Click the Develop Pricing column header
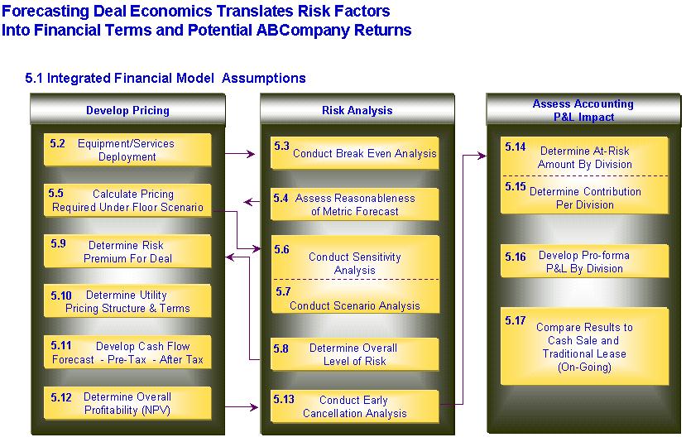pos(127,110)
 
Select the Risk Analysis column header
pos(357,110)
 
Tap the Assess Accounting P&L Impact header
pos(583,110)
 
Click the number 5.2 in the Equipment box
pos(57,143)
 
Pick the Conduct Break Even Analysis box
pos(355,153)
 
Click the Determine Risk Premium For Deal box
pos(127,252)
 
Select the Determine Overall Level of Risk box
pos(355,354)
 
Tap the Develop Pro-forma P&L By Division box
pos(584,262)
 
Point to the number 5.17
pos(516,320)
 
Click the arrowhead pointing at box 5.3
pos(251,154)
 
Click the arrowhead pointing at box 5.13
pos(254,407)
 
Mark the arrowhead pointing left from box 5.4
pos(248,202)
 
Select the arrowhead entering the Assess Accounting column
pos(482,156)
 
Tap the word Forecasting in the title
pos(46,11)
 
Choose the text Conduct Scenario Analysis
pos(355,305)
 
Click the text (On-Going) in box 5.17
pos(584,367)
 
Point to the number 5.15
pos(516,186)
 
